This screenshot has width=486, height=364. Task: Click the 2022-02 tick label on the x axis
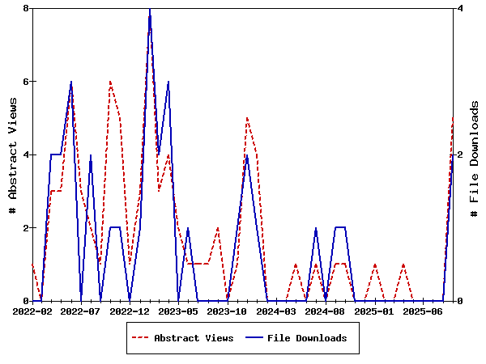[32, 311]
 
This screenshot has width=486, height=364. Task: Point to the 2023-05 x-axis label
[178, 311]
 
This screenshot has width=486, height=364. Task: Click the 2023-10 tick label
[227, 311]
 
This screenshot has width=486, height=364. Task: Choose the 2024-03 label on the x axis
[276, 311]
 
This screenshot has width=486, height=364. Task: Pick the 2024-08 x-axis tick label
[325, 311]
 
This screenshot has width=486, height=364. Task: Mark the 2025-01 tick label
[374, 311]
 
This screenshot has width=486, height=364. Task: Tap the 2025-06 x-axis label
[423, 311]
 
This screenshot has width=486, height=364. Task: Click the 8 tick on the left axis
[26, 8]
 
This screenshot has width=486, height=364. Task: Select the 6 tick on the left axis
[26, 82]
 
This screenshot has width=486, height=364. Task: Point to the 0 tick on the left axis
[26, 301]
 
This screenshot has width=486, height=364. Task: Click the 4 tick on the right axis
[459, 8]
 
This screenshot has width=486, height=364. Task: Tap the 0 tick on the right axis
[459, 301]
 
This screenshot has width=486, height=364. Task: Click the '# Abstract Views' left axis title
[12, 154]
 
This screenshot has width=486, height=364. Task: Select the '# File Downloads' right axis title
[475, 154]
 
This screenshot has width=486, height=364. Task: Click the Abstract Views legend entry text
[194, 338]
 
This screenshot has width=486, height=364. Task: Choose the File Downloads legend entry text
[307, 338]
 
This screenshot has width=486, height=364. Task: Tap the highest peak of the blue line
[149, 9]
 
